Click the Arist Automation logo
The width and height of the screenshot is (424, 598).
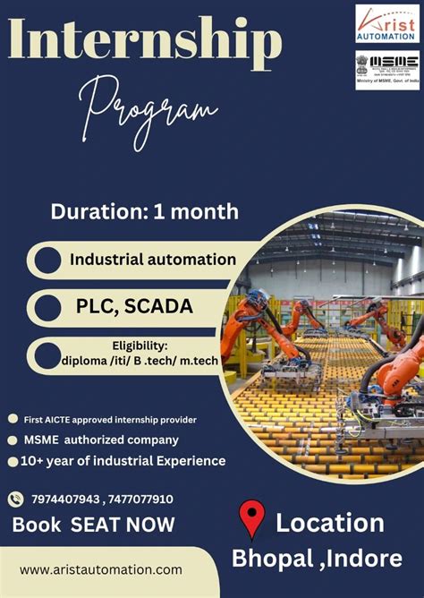point(386,22)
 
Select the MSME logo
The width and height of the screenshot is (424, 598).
point(386,68)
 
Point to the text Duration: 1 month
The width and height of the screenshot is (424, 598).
point(144,212)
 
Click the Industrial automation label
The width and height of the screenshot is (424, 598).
point(153,260)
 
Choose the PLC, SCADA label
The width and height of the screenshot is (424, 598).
point(134,307)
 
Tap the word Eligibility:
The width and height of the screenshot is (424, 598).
point(140,345)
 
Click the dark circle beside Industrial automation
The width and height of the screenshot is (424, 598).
point(47,261)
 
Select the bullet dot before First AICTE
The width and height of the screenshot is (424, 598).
point(13,419)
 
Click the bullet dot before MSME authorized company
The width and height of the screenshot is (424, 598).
point(13,440)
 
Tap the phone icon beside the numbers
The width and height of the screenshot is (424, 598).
point(15,500)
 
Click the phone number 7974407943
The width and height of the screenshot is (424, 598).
point(64,500)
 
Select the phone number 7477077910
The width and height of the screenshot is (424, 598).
point(138,500)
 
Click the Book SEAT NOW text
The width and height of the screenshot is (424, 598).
point(93,524)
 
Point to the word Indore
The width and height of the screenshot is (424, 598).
point(367,560)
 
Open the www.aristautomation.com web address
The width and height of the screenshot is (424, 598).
point(100,569)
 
